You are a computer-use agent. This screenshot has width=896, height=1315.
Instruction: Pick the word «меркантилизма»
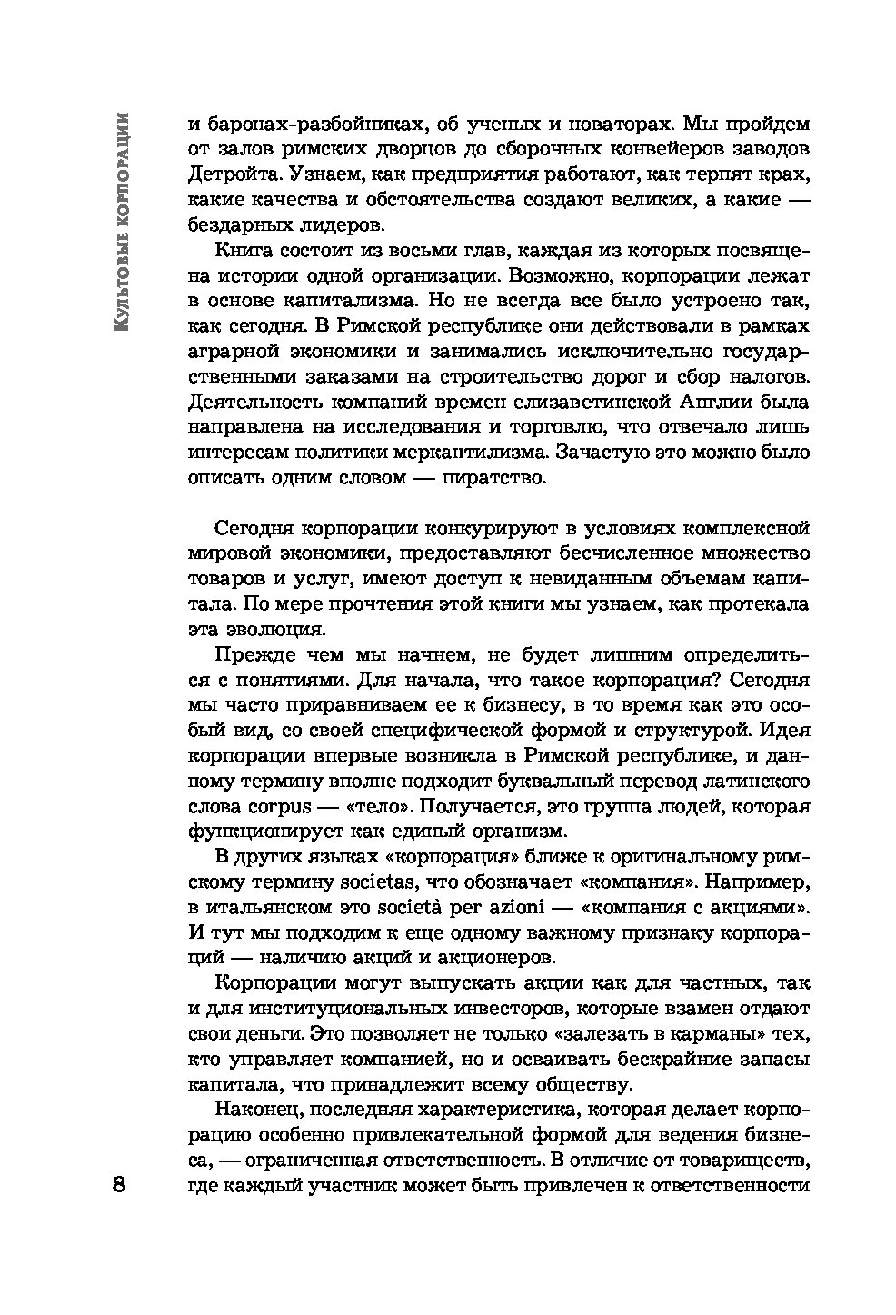pos(466,452)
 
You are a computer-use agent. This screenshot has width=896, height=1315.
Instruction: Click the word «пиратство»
pos(495,477)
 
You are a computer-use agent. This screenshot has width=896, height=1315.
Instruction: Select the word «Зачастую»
pos(602,452)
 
